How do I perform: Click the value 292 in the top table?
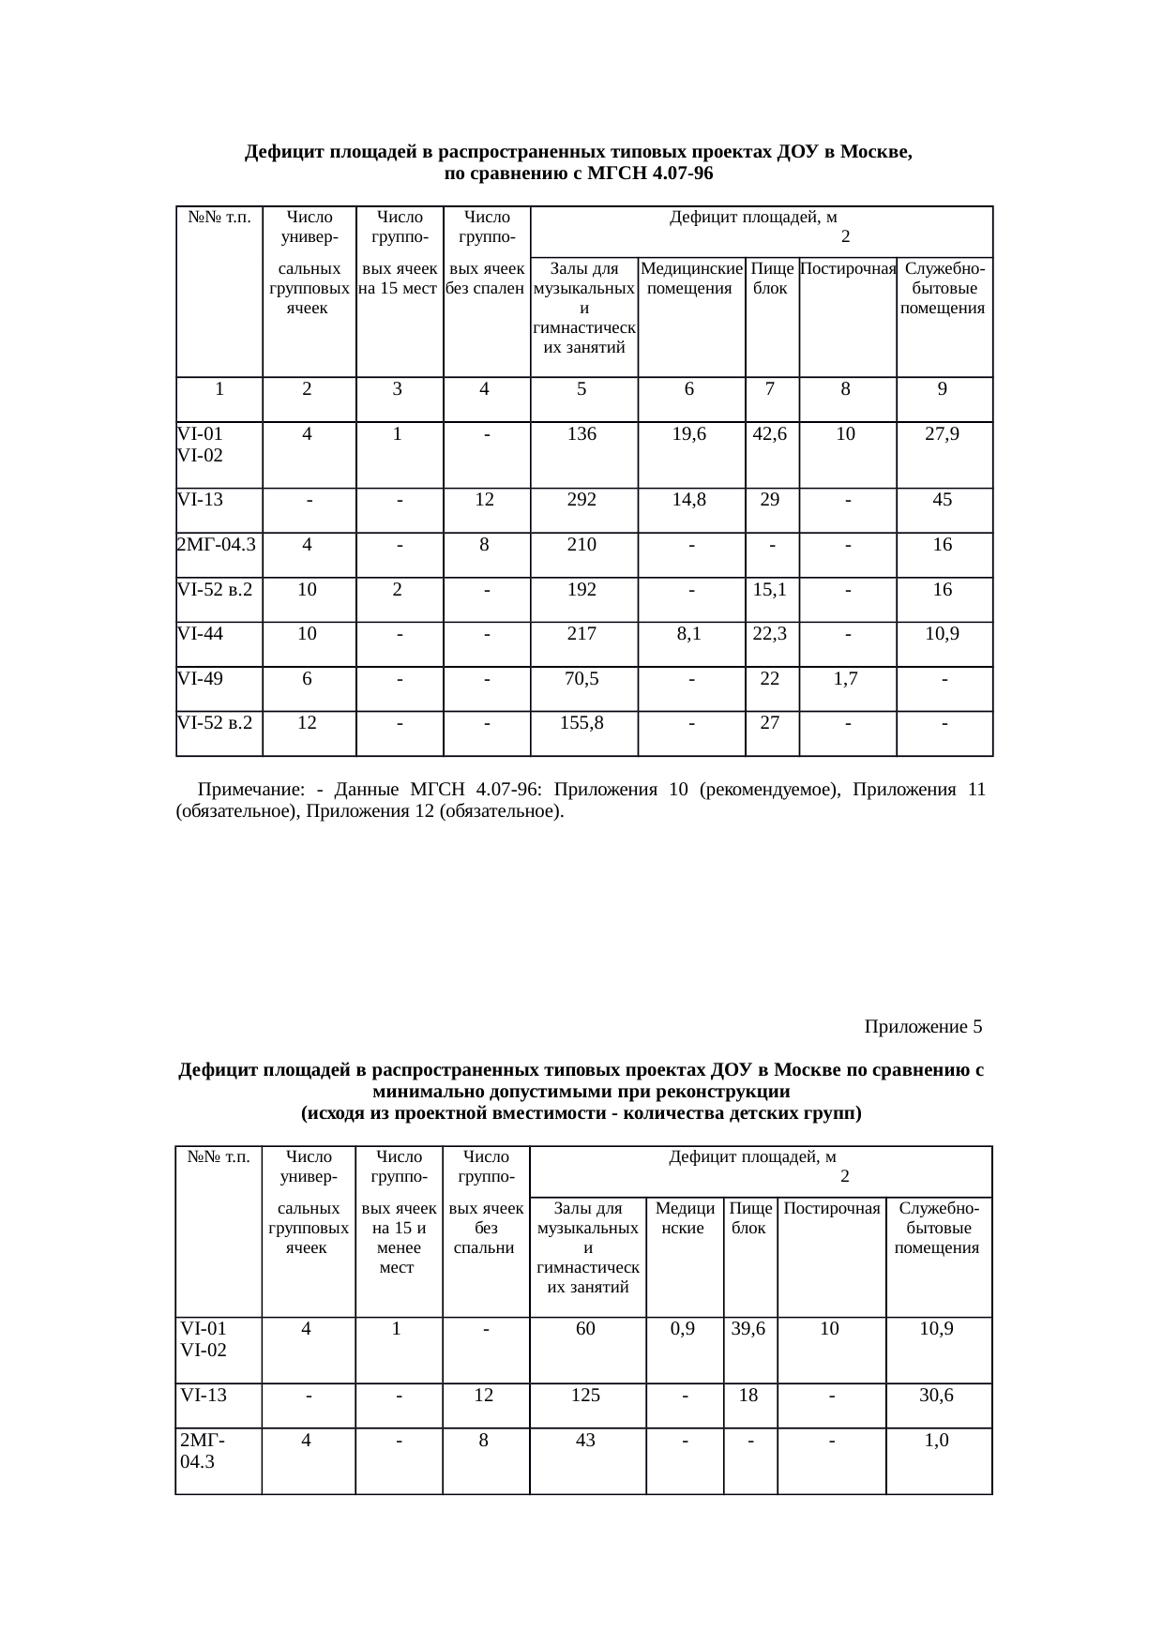click(x=581, y=500)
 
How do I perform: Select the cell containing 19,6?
click(x=689, y=433)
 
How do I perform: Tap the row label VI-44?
click(x=201, y=634)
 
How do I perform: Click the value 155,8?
click(x=581, y=723)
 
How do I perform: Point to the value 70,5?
click(x=581, y=679)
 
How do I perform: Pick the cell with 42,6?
click(x=769, y=433)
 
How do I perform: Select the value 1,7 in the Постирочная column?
click(x=846, y=679)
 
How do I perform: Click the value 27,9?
click(x=942, y=433)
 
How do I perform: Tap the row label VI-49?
click(x=201, y=679)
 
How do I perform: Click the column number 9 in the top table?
click(x=942, y=389)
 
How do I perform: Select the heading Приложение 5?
click(x=923, y=1027)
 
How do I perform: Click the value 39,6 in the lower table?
click(x=748, y=1329)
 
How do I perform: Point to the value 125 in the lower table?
click(x=585, y=1396)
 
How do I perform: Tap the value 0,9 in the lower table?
click(x=684, y=1329)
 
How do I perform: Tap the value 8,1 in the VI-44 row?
click(x=689, y=634)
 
